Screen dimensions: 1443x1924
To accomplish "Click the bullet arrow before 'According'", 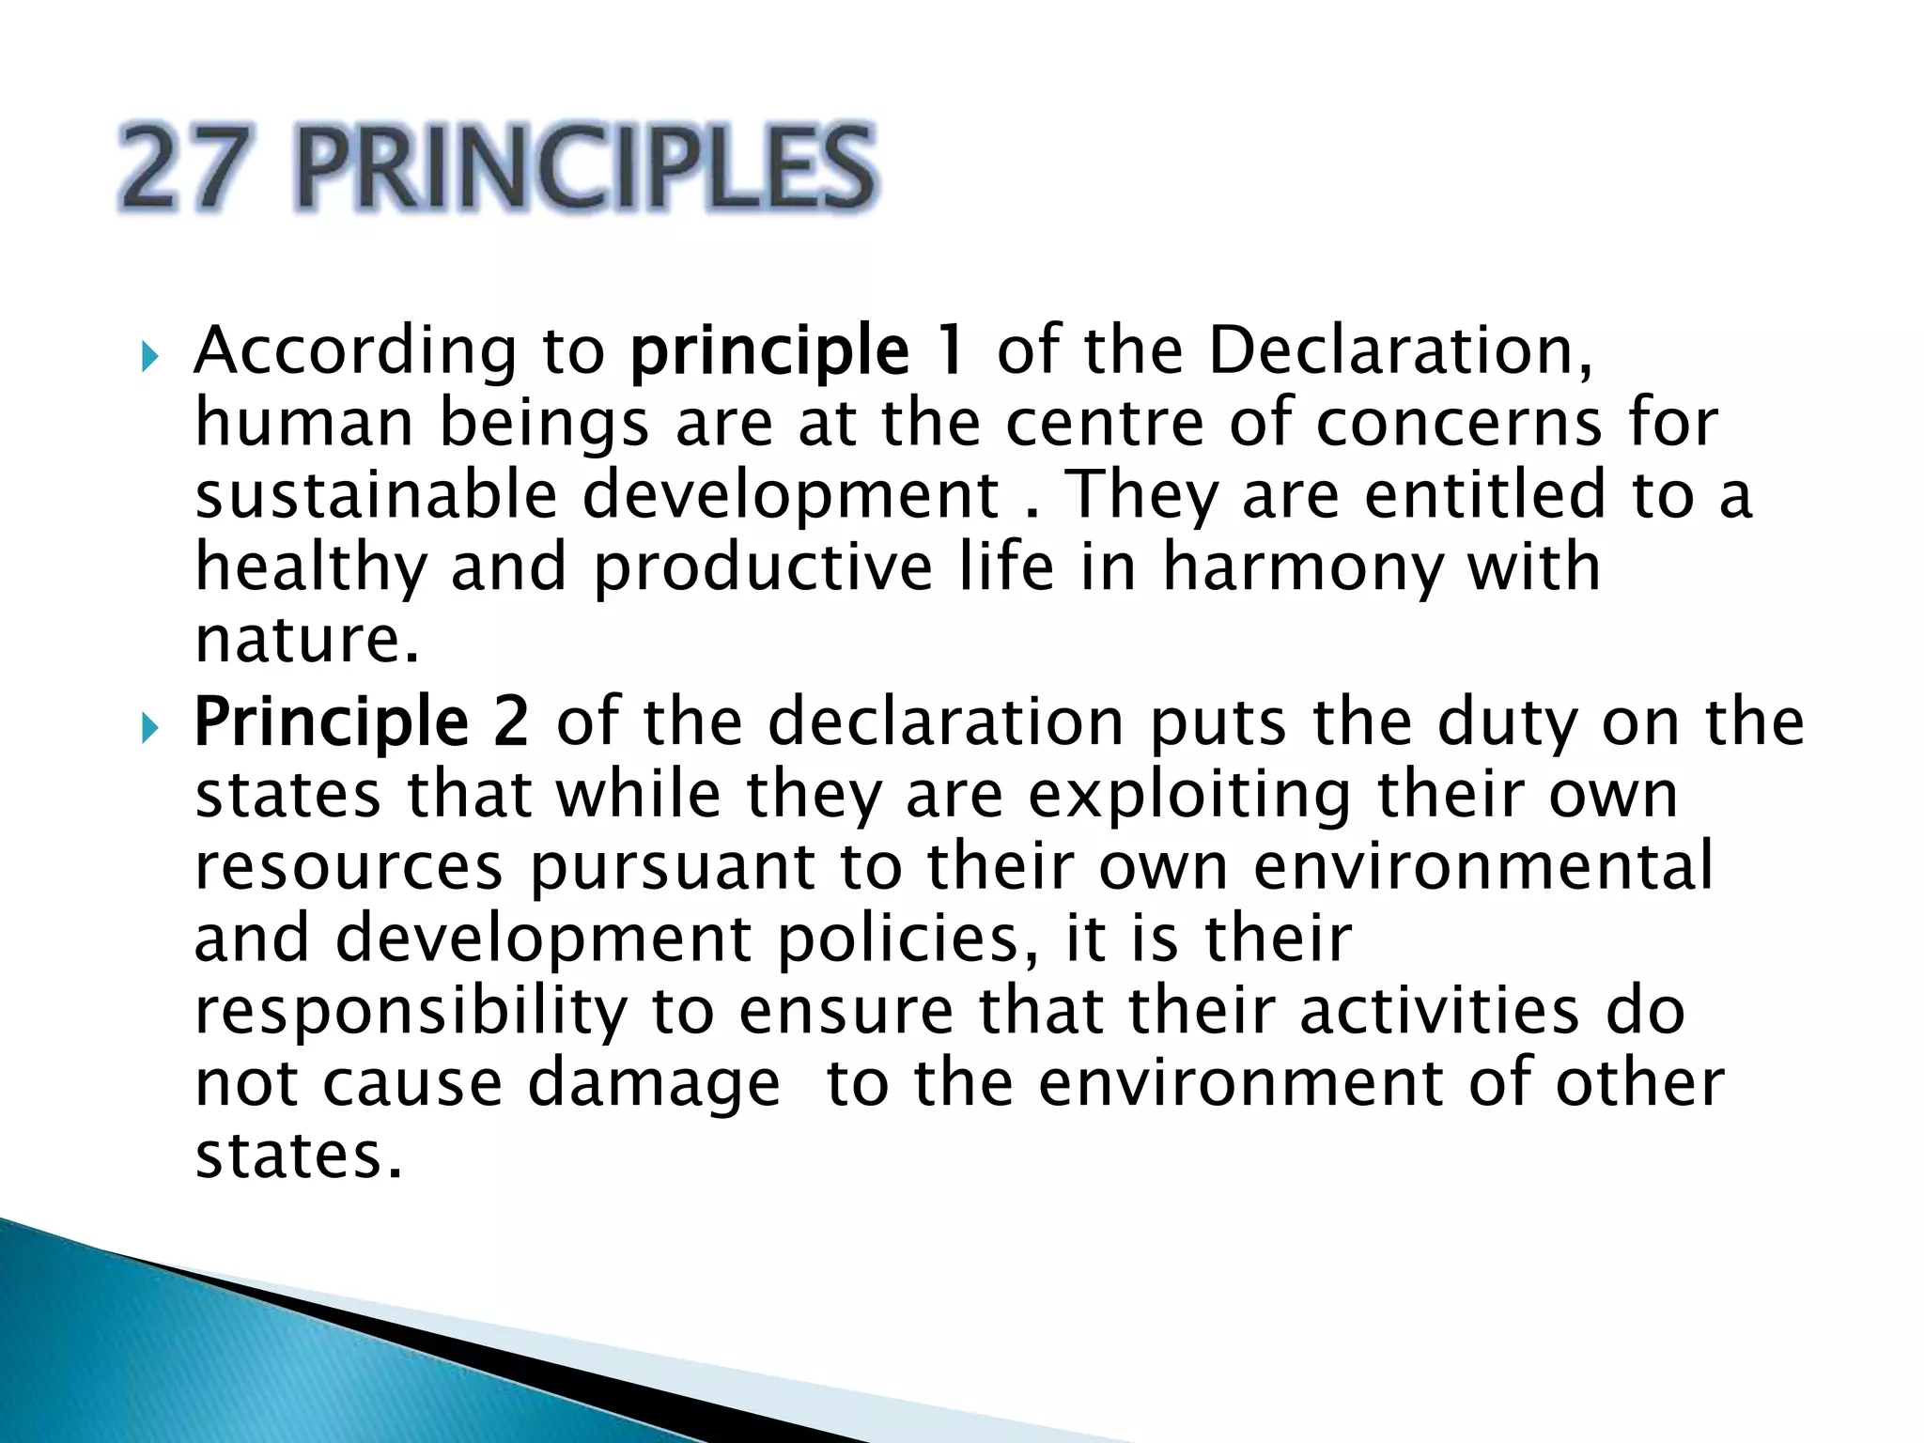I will coord(148,356).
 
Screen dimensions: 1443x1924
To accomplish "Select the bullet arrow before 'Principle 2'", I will coord(148,727).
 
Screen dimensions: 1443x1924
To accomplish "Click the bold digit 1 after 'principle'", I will coord(951,349).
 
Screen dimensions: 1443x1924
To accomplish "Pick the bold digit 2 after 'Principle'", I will coord(510,721).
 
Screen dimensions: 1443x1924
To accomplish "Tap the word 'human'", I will coord(303,423).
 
